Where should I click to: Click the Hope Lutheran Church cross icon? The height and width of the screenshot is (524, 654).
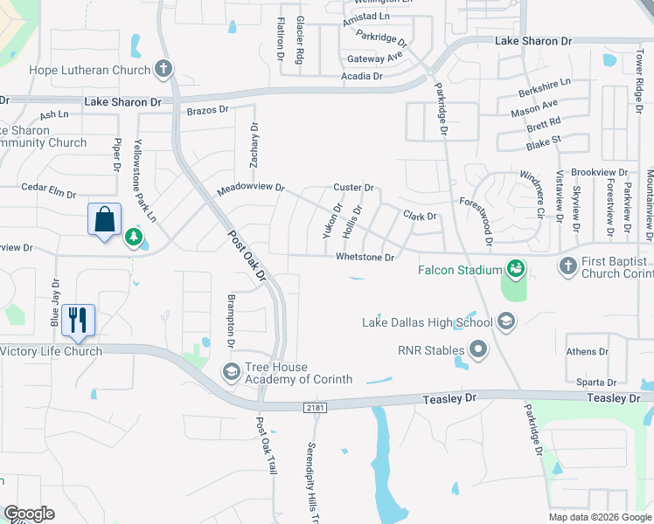[x=163, y=68]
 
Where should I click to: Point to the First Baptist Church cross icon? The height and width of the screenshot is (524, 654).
[x=568, y=265]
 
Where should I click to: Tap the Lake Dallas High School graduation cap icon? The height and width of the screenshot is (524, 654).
[x=505, y=323]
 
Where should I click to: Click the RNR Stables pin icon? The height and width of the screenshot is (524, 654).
[x=478, y=351]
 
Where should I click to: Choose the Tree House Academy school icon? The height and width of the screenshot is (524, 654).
[x=231, y=372]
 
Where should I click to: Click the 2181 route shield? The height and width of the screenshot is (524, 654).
[x=316, y=407]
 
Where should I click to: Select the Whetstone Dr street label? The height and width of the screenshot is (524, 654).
[x=365, y=257]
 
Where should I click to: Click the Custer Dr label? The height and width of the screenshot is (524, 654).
[x=353, y=188]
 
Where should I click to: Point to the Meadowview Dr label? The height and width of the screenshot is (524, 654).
[x=251, y=188]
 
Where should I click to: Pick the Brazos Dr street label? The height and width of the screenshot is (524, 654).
[x=207, y=110]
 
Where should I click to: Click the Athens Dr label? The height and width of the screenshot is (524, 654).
[x=587, y=352]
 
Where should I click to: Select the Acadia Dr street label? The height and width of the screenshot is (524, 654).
[x=362, y=77]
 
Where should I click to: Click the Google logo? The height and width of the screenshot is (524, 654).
[x=29, y=514]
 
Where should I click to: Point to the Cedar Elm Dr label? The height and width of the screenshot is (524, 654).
[x=50, y=187]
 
